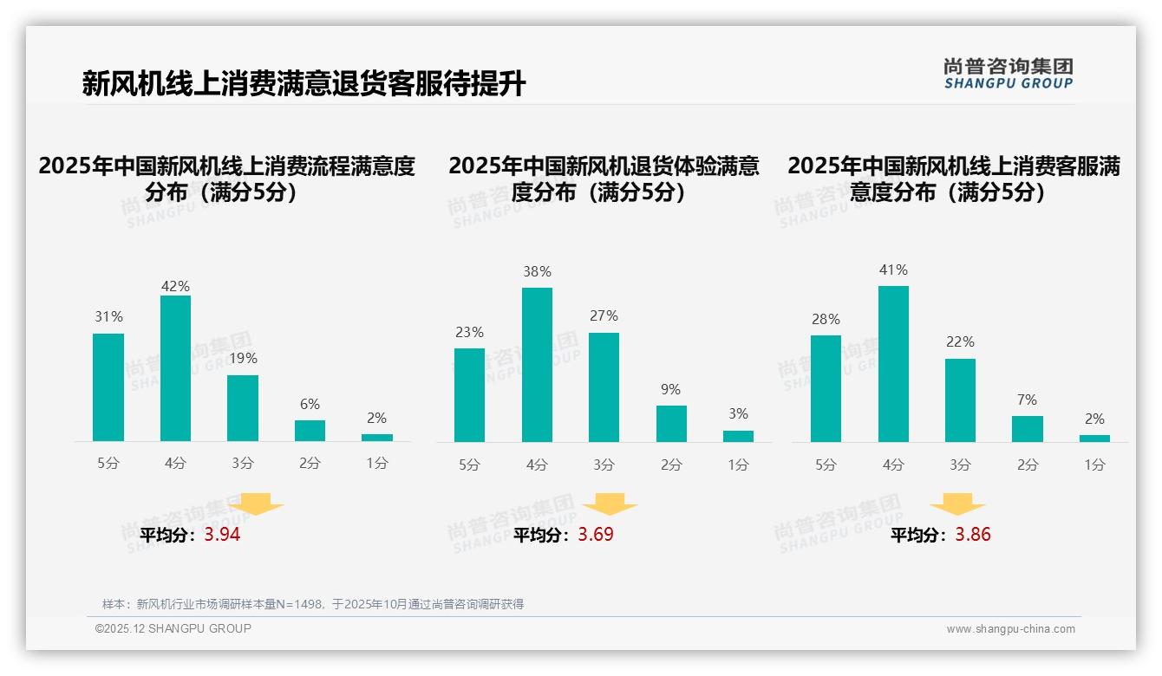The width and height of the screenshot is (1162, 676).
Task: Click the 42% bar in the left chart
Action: [175, 368]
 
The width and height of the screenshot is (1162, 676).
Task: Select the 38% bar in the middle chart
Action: [537, 365]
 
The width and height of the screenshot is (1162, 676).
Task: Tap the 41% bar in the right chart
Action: [893, 364]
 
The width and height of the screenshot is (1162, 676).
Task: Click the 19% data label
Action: [243, 358]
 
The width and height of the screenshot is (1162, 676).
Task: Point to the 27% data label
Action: [604, 315]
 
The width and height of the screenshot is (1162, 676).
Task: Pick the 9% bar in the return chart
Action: [671, 424]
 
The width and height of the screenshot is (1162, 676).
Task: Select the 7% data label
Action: [1028, 400]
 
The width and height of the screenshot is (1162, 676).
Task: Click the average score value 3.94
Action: [222, 535]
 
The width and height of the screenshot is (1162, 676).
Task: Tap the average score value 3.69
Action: [596, 535]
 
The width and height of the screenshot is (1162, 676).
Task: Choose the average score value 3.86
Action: [973, 535]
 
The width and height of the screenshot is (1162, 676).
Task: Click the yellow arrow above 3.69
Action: [610, 504]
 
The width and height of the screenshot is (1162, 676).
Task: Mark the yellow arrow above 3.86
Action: [957, 504]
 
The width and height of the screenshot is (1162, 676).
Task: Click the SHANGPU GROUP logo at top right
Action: [1008, 74]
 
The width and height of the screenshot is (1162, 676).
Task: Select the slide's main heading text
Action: [304, 84]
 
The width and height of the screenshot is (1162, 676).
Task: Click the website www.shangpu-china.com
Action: [1010, 629]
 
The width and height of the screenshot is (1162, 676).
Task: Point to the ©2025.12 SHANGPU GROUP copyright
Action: [173, 628]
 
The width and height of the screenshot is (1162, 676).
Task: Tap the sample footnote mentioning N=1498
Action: [313, 604]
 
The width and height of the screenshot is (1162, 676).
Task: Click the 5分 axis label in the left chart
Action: [108, 464]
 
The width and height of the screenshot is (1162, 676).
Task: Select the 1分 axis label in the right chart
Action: [1094, 465]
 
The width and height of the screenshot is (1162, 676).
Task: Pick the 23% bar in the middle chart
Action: [469, 395]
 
